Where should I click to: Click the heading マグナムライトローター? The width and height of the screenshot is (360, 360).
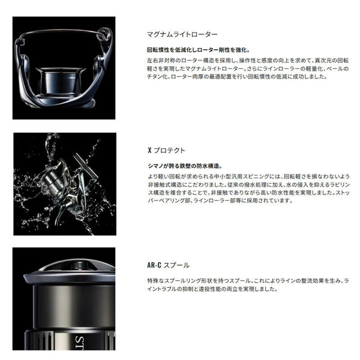pos(182,34)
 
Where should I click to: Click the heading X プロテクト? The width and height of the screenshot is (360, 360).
pos(166,151)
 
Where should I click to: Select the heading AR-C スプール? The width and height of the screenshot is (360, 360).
pos(168,265)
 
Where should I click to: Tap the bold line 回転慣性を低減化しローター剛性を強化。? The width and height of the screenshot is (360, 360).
pos(199,50)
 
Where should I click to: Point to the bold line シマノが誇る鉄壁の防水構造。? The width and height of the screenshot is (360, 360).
pos(185,166)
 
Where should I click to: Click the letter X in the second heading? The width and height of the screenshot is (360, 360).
pos(149,151)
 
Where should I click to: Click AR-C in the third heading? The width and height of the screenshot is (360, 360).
pos(154,265)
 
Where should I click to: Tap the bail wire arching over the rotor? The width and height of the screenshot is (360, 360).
pos(62,31)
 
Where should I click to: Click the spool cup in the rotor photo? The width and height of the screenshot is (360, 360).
pos(61,80)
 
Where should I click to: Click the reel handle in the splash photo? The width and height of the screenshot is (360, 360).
pos(85,166)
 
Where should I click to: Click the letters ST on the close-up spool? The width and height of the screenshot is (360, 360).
pos(80,343)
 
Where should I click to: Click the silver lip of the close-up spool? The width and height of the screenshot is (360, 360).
pos(69,277)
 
